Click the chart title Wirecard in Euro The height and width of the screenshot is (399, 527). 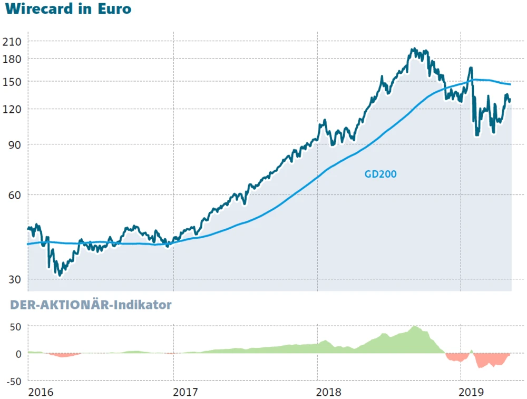pos(68,9)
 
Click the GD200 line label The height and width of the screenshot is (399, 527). pos(380,174)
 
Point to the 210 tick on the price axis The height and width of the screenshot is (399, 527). pos(13,41)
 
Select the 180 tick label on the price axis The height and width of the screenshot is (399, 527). pos(13,59)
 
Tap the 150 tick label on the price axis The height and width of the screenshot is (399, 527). pos(13,82)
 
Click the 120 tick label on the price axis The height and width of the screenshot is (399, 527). pos(13,109)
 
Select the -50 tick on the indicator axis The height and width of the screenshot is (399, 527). pos(14,381)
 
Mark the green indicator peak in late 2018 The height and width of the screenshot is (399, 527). pos(415,327)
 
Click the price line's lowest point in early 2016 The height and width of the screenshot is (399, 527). pos(60,275)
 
